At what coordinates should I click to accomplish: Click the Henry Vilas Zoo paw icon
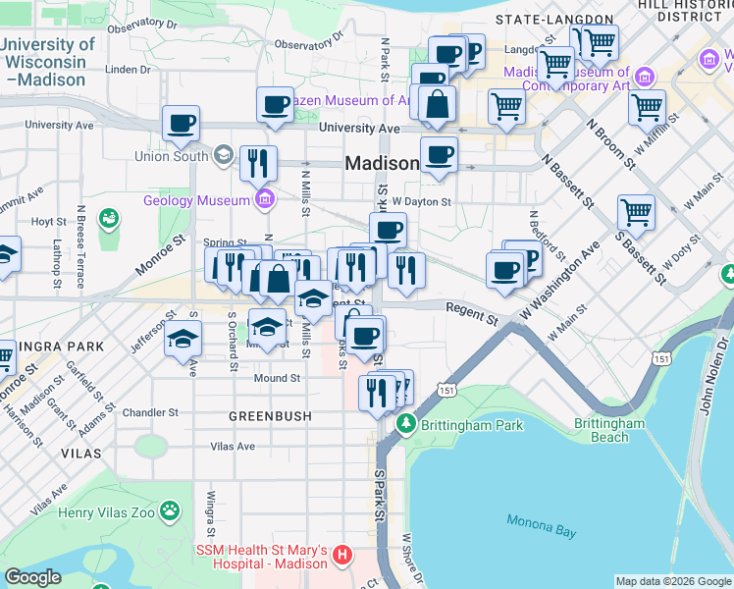pyautogui.click(x=172, y=510)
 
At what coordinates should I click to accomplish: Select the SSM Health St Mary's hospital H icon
pyautogui.click(x=341, y=556)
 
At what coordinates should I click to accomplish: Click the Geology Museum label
pyautogui.click(x=197, y=201)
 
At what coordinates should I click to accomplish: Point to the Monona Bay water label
pyautogui.click(x=541, y=524)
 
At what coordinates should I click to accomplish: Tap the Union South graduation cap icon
pyautogui.click(x=224, y=155)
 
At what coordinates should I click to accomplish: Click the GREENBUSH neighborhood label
pyautogui.click(x=270, y=416)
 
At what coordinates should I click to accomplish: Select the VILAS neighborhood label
pyautogui.click(x=79, y=454)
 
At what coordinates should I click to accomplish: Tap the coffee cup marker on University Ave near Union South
pyautogui.click(x=182, y=124)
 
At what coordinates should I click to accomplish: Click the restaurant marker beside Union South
pyautogui.click(x=258, y=163)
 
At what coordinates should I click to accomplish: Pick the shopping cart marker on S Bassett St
pyautogui.click(x=636, y=211)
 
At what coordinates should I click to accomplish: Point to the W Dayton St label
pyautogui.click(x=420, y=201)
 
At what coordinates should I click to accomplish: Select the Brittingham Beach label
pyautogui.click(x=609, y=430)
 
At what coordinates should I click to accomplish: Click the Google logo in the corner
pyautogui.click(x=33, y=577)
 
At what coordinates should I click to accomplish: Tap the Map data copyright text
pyautogui.click(x=673, y=581)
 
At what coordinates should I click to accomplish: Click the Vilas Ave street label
pyautogui.click(x=233, y=446)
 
